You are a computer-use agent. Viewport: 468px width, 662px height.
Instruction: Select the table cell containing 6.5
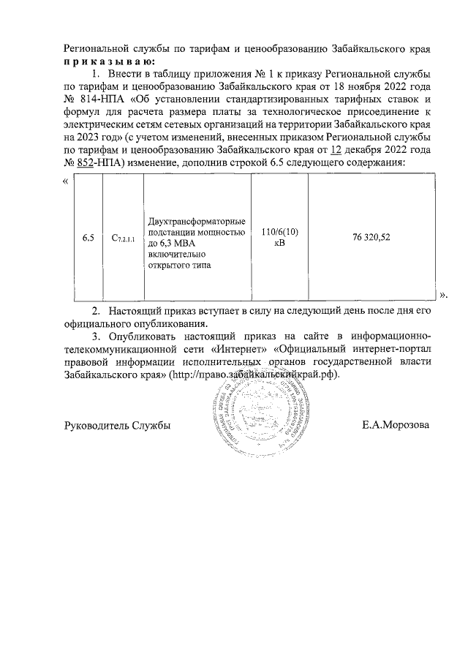(x=88, y=238)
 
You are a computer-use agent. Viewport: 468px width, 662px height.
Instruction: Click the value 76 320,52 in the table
(x=371, y=238)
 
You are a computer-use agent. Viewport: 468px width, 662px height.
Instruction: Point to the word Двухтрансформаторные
(x=197, y=222)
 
